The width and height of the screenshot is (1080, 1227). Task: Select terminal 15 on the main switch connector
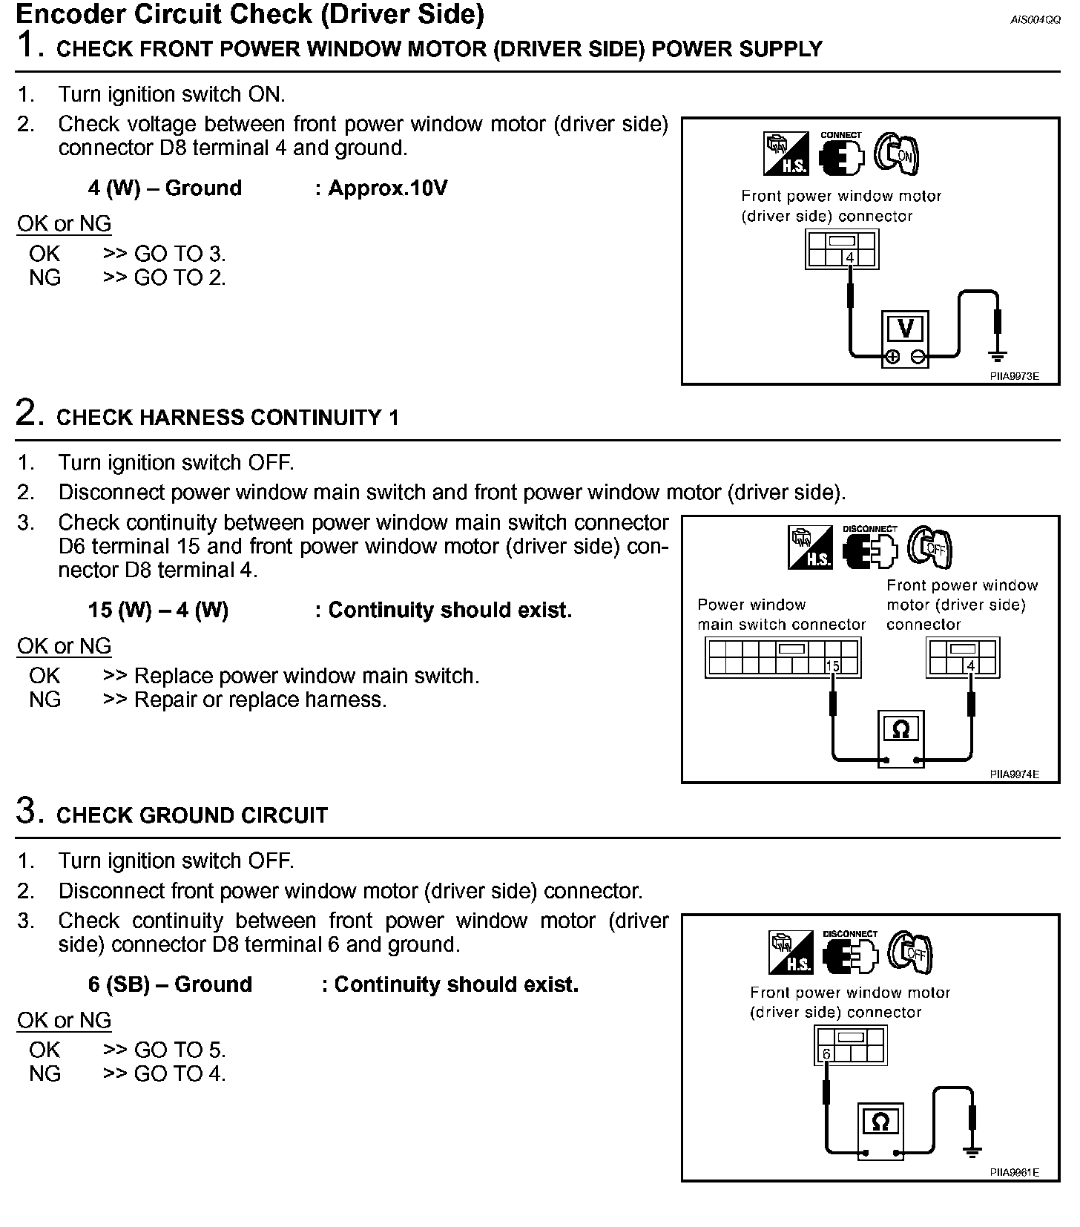point(833,666)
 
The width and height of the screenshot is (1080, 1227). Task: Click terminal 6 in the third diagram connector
point(826,1054)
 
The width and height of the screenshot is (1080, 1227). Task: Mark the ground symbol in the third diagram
point(972,1151)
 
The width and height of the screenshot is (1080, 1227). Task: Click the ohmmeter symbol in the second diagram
point(900,730)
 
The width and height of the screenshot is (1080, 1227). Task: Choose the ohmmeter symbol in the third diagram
point(880,1122)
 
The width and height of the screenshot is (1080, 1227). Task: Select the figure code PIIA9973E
point(1014,376)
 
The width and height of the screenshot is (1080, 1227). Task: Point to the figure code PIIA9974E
point(1014,774)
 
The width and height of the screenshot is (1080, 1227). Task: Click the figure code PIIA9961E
point(1014,1173)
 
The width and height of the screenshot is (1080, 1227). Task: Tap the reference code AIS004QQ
point(1035,20)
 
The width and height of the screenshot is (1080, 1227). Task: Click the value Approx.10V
point(387,188)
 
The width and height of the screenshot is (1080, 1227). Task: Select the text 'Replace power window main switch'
point(306,676)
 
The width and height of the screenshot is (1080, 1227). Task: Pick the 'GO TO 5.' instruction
point(180,1050)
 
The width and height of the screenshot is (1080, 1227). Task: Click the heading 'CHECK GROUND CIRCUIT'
point(192,815)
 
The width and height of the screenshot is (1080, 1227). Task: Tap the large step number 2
point(27,413)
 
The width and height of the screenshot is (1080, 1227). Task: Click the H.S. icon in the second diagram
point(810,548)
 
